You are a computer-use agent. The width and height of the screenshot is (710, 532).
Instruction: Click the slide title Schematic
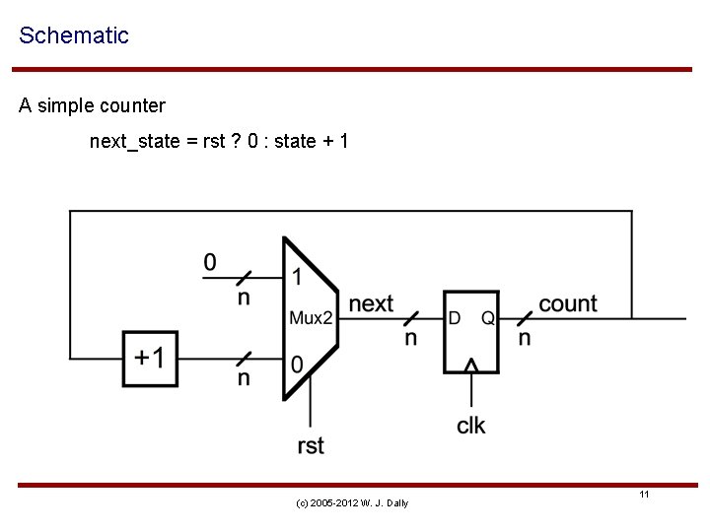pos(74,36)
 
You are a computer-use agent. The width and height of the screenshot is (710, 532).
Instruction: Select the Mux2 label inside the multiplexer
pos(312,317)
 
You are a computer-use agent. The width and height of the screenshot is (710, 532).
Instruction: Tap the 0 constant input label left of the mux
pos(209,262)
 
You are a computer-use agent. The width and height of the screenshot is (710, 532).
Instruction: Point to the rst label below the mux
pos(311,445)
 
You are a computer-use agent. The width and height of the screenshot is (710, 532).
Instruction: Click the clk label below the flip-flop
pos(471,426)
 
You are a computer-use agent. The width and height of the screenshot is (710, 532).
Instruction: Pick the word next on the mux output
pos(371,303)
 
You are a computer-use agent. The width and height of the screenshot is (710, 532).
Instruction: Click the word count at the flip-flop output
pos(567,303)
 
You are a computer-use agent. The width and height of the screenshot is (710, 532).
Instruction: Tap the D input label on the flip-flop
pos(455,318)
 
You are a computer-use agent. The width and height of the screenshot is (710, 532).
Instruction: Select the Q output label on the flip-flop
pos(487,318)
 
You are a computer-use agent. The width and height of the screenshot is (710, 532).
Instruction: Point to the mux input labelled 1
pos(297,277)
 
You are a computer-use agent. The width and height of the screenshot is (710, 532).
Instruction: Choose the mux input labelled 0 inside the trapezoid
pos(297,366)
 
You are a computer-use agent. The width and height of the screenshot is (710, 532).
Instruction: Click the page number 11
pos(643,494)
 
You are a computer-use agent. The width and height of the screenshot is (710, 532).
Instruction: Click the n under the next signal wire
pos(410,338)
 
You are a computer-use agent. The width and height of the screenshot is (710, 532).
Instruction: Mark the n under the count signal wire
pos(525,338)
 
